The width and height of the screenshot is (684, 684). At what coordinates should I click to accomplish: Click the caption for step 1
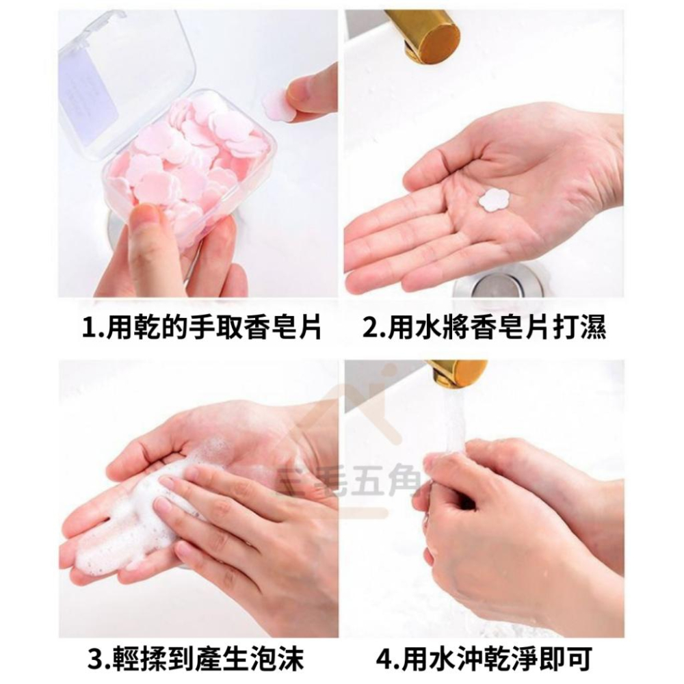point(201,328)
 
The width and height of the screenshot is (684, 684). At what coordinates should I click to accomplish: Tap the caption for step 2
point(484,328)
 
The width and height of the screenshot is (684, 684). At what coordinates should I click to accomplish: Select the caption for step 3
point(202,659)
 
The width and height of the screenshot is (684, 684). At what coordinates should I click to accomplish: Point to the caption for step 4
point(484,659)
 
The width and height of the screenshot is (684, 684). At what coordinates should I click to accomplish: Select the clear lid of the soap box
point(127,75)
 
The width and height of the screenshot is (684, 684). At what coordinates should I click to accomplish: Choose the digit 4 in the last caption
point(384,660)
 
